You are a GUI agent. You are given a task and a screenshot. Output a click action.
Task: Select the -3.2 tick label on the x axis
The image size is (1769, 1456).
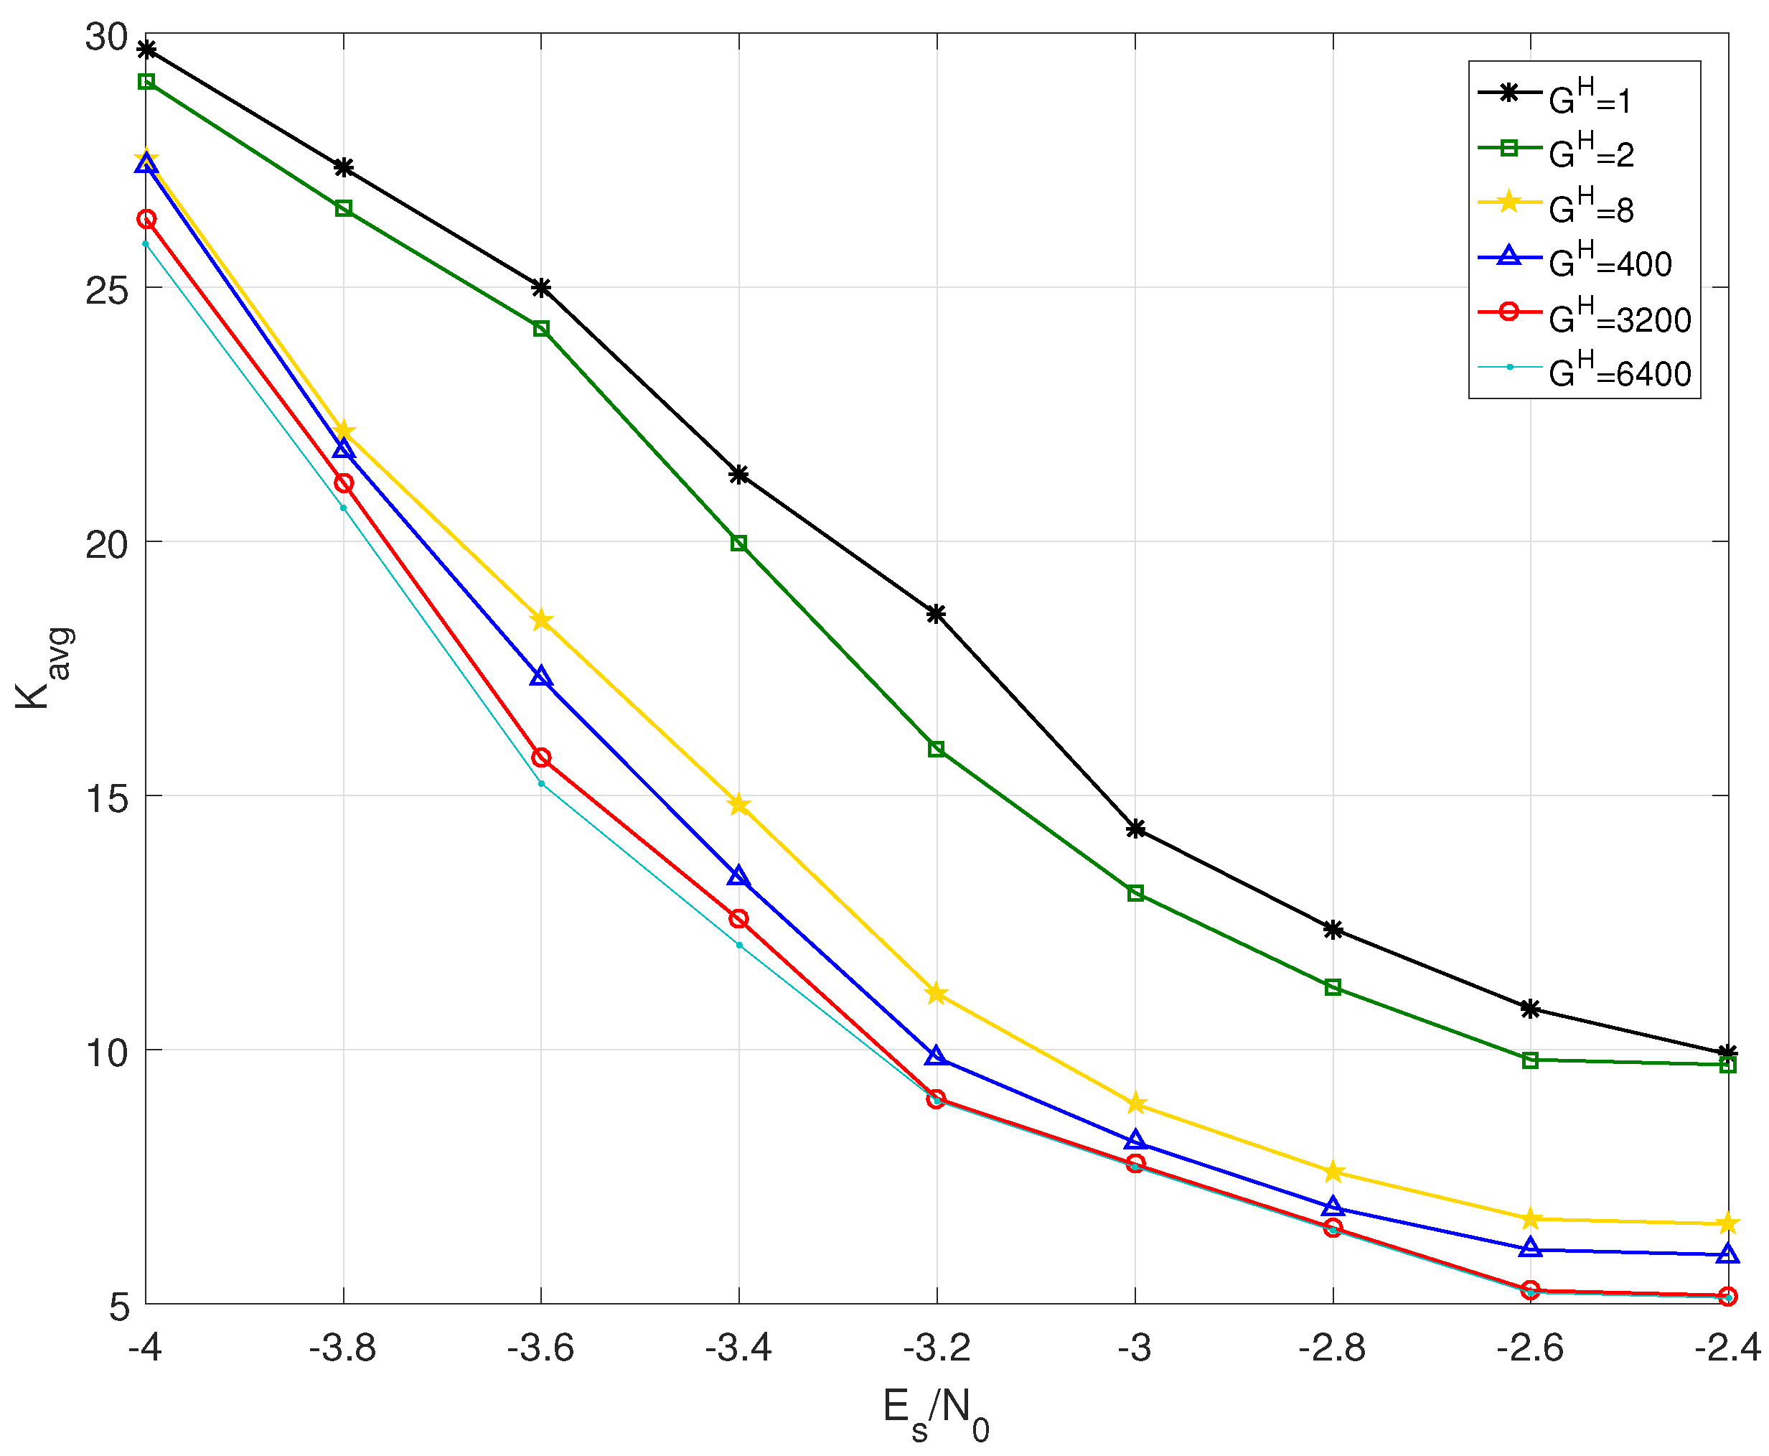937,1348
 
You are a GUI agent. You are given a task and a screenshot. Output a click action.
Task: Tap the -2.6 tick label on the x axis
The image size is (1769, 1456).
1529,1348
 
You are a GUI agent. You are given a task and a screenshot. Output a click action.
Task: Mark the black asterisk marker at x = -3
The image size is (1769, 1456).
1135,829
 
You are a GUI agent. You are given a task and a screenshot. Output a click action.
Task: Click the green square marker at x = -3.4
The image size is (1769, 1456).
738,543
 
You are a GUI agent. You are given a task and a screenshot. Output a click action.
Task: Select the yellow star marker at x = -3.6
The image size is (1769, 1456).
541,620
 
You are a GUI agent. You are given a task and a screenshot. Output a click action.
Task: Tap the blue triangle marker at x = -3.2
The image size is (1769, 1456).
937,1056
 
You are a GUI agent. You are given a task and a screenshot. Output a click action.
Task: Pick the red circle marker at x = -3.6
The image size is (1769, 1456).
541,757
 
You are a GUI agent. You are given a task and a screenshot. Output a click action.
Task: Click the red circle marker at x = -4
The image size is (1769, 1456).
146,219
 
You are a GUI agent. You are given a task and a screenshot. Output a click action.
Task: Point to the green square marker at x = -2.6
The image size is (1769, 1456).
1530,1060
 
